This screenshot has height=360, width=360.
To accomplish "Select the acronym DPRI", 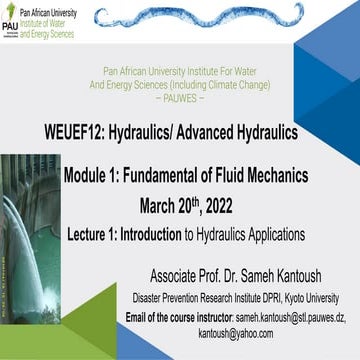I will click(256, 297).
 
